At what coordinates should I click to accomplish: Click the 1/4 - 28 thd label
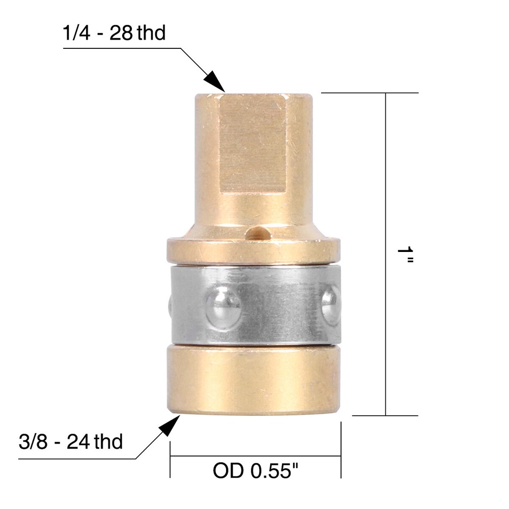pos(115,33)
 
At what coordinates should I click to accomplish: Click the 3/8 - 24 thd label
pos(70,442)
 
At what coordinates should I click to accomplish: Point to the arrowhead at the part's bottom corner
pos(172,425)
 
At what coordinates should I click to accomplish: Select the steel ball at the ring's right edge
pos(331,304)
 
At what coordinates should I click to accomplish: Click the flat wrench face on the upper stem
pos(252,145)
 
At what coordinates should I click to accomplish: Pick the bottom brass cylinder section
pos(253,379)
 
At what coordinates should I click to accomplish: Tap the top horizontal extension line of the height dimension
pos(369,93)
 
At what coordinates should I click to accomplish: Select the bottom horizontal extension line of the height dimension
pos(384,415)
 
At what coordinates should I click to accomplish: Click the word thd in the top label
pos(151,33)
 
